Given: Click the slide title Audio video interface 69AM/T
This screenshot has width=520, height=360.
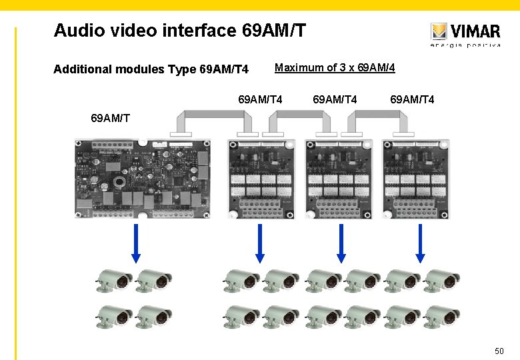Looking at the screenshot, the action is pyautogui.click(x=180, y=31).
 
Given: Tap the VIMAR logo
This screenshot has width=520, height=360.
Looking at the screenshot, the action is pyautogui.click(x=465, y=32).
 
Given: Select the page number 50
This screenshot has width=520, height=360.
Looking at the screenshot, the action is pyautogui.click(x=499, y=351).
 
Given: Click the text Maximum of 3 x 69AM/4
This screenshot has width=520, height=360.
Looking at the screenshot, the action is pyautogui.click(x=335, y=68).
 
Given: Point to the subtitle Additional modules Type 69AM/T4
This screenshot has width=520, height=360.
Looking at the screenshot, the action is pyautogui.click(x=151, y=69).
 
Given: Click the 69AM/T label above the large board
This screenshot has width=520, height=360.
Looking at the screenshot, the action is pyautogui.click(x=111, y=119).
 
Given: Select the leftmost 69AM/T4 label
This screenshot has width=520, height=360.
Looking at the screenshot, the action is pyautogui.click(x=260, y=100).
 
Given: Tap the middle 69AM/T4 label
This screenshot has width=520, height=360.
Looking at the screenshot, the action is pyautogui.click(x=335, y=100).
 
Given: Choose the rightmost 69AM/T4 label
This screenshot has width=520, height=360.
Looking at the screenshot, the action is pyautogui.click(x=412, y=100).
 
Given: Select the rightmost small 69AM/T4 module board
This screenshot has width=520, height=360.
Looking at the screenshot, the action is pyautogui.click(x=416, y=179).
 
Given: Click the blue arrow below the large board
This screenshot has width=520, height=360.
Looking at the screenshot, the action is pyautogui.click(x=136, y=243).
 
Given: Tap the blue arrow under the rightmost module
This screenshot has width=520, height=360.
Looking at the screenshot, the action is pyautogui.click(x=420, y=243).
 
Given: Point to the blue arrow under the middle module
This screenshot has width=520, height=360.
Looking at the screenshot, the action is pyautogui.click(x=341, y=243).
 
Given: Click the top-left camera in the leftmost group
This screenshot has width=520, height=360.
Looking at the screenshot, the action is pyautogui.click(x=114, y=281).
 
